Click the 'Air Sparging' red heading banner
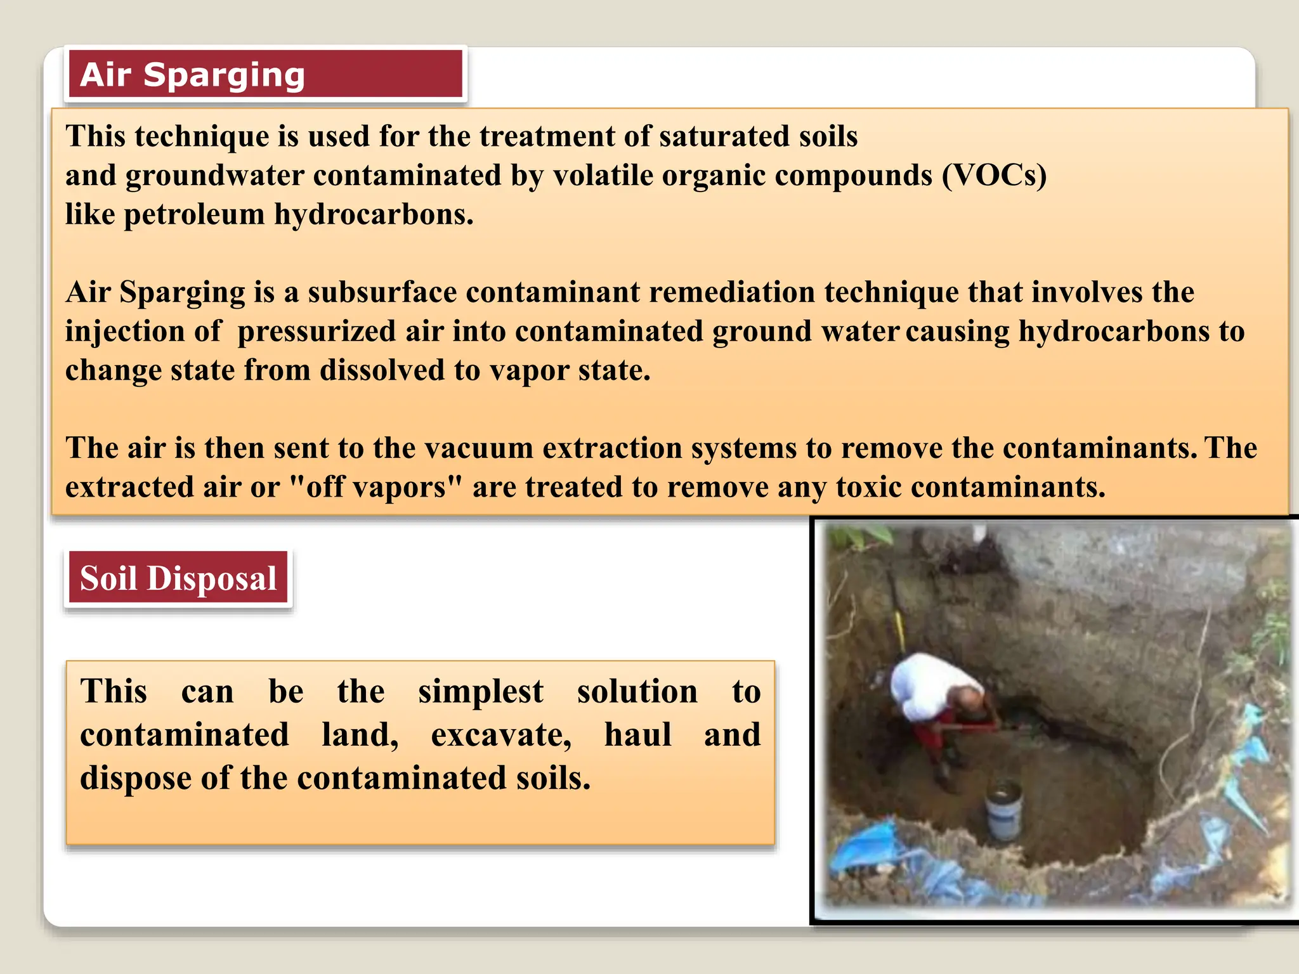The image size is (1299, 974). click(265, 75)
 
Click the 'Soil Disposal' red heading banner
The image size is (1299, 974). click(178, 578)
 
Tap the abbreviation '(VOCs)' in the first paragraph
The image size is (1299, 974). click(994, 176)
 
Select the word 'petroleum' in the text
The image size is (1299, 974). click(193, 215)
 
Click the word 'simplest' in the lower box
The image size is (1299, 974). click(480, 691)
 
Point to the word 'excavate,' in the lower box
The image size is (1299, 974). click(501, 735)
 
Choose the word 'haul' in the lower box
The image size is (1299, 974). click(637, 735)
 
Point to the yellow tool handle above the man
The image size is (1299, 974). click(899, 628)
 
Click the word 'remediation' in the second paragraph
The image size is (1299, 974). click(732, 292)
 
